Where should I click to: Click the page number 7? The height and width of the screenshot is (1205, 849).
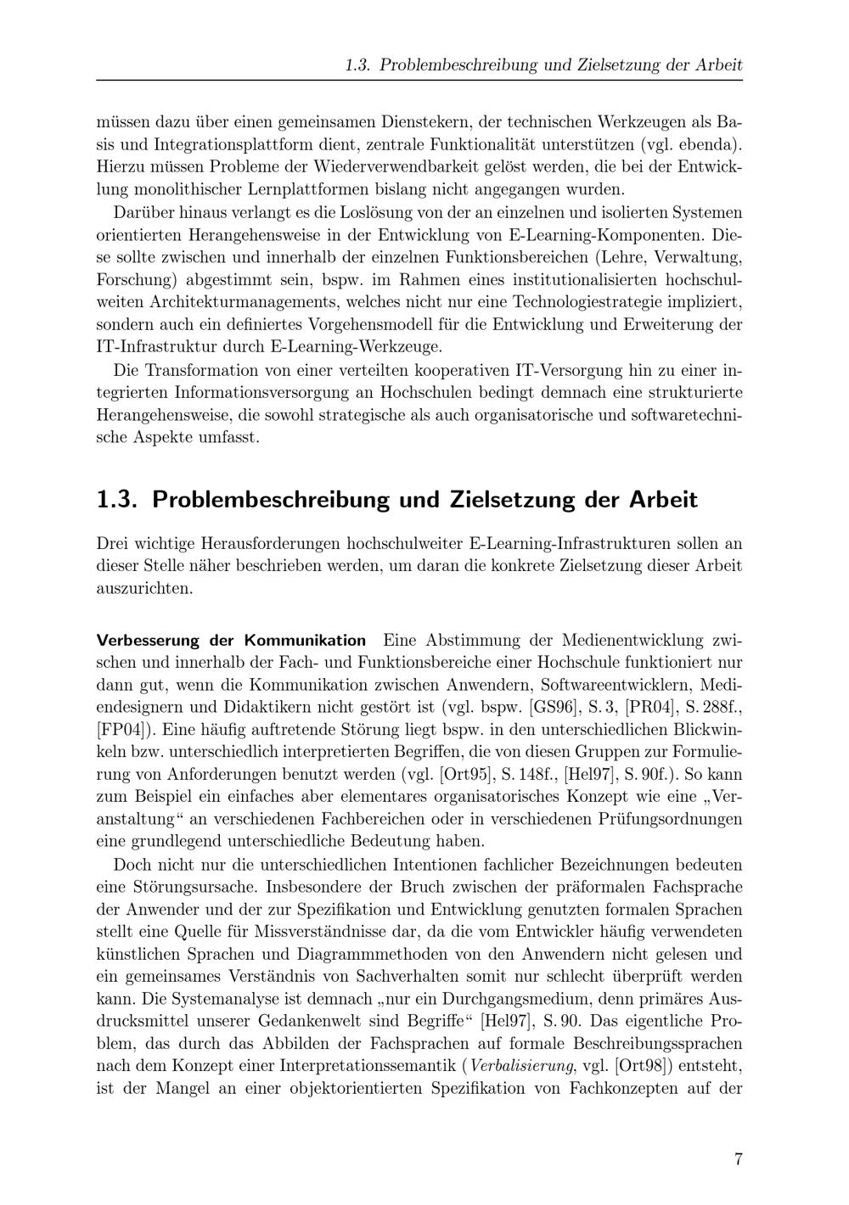click(738, 1159)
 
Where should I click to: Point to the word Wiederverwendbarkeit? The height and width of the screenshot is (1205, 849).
click(377, 165)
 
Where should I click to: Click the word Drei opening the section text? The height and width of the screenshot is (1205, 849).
click(113, 543)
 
